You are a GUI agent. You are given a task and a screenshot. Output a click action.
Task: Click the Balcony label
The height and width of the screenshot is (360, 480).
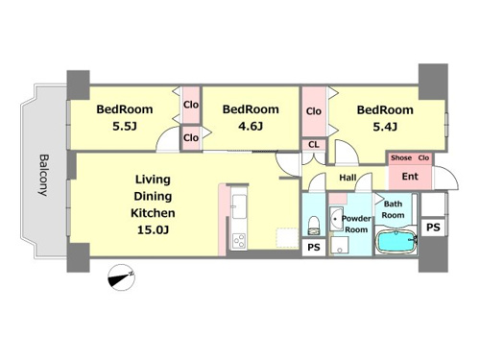tap(43, 175)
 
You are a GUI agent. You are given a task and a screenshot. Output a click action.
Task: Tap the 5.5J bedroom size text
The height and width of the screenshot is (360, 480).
tap(125, 127)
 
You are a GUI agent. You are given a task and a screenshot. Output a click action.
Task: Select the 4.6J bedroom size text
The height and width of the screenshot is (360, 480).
tap(251, 126)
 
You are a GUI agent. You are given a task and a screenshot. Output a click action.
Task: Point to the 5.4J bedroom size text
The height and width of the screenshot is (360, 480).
tap(385, 127)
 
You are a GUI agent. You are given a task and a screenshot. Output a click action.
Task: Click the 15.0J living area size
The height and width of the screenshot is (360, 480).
tap(153, 229)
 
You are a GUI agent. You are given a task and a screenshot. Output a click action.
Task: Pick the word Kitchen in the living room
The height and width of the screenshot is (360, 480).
tap(153, 213)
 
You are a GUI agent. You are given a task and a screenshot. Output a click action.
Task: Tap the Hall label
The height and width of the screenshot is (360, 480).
tap(348, 177)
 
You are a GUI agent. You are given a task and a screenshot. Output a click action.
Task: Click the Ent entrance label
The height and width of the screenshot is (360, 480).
tap(410, 177)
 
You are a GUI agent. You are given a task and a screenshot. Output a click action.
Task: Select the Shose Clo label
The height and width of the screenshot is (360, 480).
tap(410, 157)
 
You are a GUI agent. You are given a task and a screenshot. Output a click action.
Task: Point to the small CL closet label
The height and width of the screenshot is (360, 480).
tap(314, 145)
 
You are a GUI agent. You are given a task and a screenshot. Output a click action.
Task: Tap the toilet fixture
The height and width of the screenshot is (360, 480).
tap(314, 226)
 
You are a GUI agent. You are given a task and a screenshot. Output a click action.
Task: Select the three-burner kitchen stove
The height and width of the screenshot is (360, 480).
tap(239, 240)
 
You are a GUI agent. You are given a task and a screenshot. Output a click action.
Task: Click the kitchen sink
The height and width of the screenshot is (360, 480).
tap(239, 206)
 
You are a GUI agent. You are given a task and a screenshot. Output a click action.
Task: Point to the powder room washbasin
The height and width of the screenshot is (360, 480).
tap(336, 219)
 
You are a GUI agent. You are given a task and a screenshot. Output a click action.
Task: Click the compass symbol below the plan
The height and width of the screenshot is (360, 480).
tap(121, 277)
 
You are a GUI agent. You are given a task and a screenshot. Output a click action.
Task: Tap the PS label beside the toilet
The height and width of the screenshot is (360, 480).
tap(314, 248)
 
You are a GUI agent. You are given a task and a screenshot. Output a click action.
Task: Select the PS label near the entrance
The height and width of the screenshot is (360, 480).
tap(433, 228)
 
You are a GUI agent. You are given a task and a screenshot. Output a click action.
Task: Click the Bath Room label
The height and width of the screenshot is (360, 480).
tap(393, 209)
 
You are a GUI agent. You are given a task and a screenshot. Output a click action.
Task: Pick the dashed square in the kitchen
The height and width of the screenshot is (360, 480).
tap(287, 237)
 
